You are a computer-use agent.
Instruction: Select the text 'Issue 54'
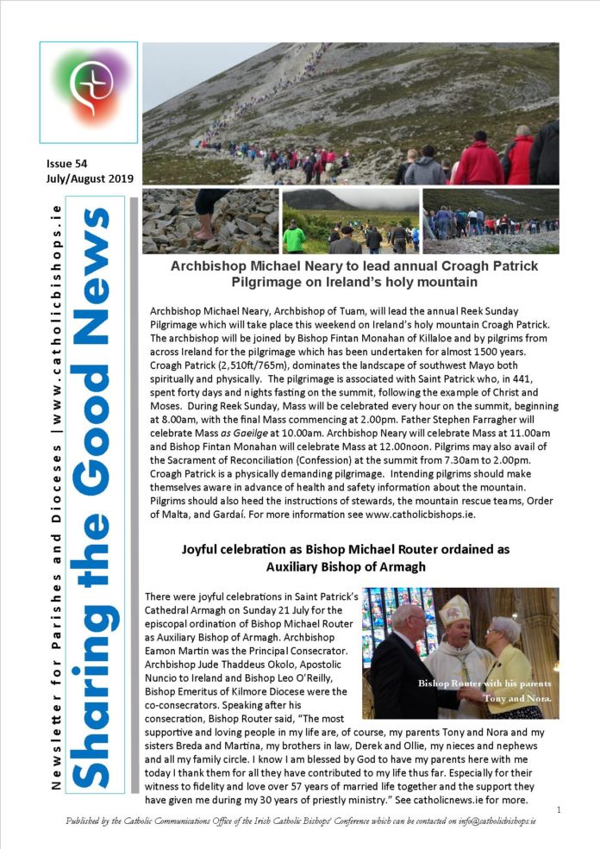pyautogui.click(x=68, y=163)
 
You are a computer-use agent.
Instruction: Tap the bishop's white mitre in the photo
pyautogui.click(x=455, y=612)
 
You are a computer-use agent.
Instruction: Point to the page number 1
pyautogui.click(x=559, y=809)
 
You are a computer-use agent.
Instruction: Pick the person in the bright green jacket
pyautogui.click(x=294, y=238)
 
